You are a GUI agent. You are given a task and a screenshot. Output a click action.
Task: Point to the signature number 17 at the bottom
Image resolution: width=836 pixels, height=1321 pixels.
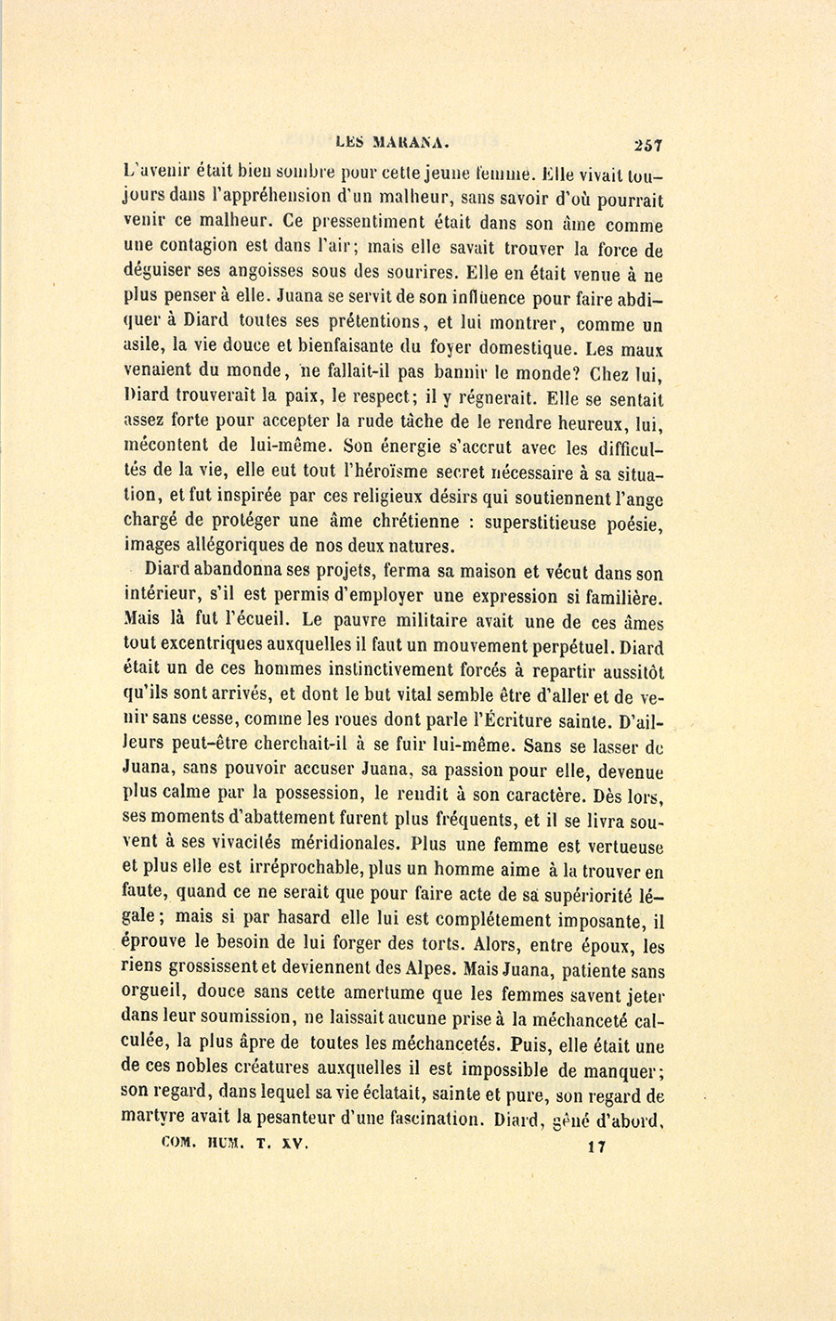coord(596,1146)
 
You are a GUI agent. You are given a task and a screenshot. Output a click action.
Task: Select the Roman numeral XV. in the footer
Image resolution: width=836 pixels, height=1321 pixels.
coord(294,1145)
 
